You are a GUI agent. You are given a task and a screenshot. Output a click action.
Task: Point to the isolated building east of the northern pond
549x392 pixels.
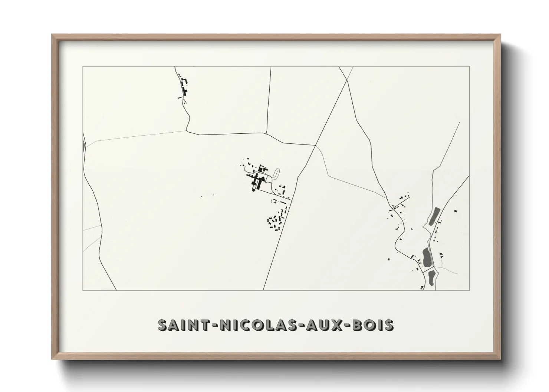(x=456, y=211)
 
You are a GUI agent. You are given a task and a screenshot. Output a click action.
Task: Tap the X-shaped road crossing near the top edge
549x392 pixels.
(x=347, y=80)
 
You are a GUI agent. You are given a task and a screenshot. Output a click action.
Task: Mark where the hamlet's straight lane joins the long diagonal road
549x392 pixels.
(x=292, y=200)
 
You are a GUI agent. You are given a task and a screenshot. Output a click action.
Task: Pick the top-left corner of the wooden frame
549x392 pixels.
(x=52, y=35)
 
